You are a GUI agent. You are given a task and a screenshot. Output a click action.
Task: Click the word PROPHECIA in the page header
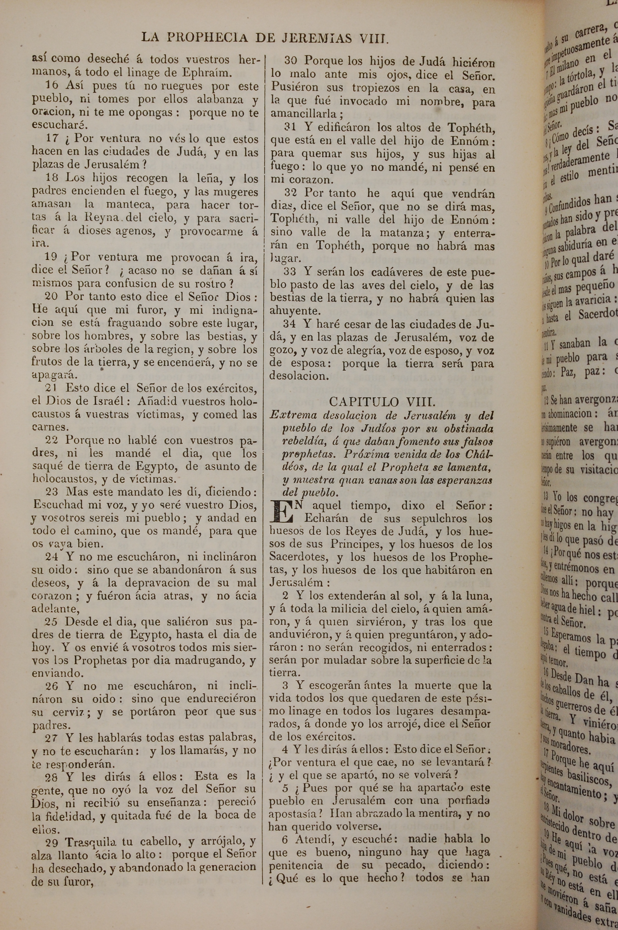click(x=207, y=37)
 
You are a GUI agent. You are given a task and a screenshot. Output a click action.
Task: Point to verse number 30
click(x=290, y=61)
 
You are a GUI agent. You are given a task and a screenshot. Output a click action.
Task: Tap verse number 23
click(x=51, y=492)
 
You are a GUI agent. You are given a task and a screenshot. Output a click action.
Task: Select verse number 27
click(x=51, y=738)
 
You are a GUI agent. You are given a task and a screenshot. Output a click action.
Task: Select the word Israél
click(x=107, y=401)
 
